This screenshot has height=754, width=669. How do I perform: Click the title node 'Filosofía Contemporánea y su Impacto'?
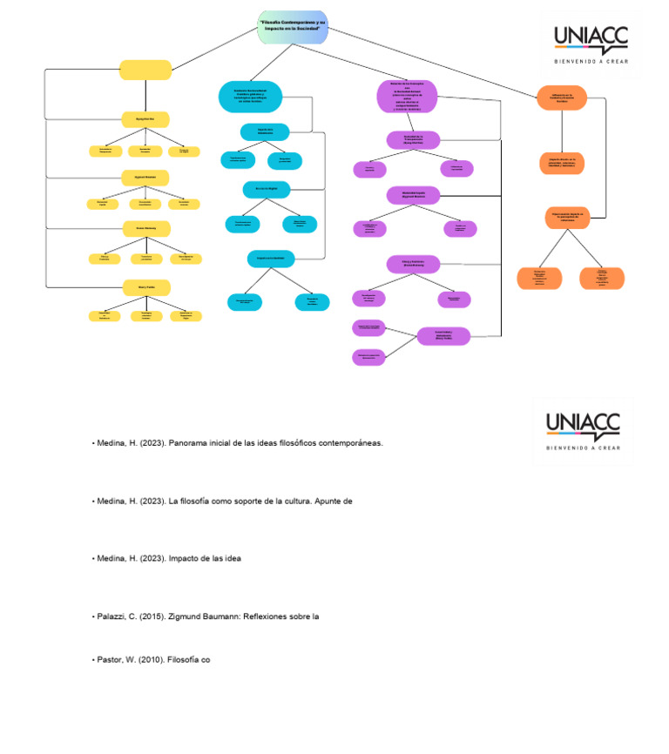click(293, 27)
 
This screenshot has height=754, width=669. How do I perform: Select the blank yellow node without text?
click(145, 70)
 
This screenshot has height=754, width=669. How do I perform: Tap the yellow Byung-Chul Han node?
click(145, 118)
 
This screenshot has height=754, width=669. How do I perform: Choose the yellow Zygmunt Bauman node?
click(145, 177)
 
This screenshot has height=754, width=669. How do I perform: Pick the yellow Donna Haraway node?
click(145, 228)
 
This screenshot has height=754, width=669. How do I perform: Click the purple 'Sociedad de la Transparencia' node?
click(413, 139)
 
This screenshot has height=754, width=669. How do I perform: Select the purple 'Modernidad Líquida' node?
click(413, 195)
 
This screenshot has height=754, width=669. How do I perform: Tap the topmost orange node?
click(562, 98)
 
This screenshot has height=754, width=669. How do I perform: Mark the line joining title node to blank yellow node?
click(214, 48)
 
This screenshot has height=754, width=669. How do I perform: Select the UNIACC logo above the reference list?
click(583, 429)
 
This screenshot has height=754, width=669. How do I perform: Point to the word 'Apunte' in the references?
click(337, 502)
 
